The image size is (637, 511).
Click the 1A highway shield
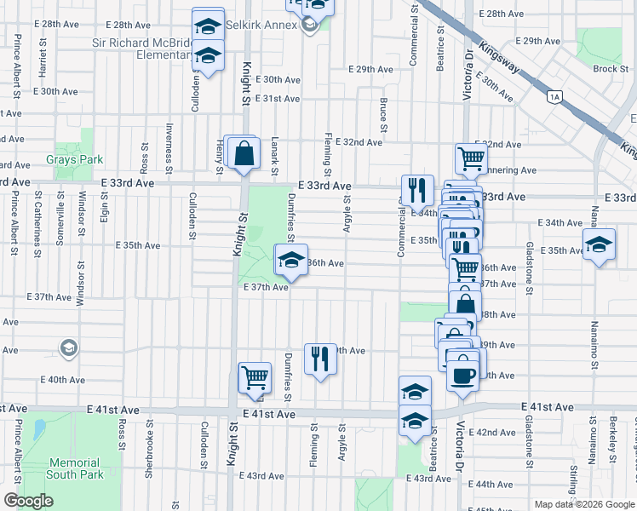coord(555,97)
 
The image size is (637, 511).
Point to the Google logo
coord(28,501)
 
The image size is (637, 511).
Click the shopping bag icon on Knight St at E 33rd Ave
coord(244,154)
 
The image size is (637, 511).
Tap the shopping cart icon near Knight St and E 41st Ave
coord(255,377)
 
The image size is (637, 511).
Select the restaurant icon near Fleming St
coord(320,359)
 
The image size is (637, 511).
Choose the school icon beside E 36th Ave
coord(291,261)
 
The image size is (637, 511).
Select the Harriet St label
coord(41,57)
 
